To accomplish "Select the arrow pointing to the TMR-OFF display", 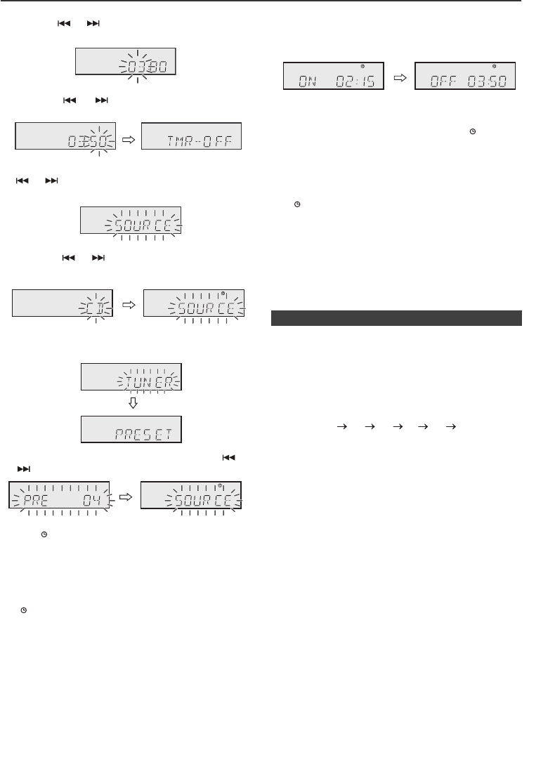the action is [x=128, y=139].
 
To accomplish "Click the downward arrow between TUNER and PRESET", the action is [x=132, y=405].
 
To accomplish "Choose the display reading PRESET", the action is [x=132, y=428].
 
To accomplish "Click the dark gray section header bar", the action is [x=396, y=318].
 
